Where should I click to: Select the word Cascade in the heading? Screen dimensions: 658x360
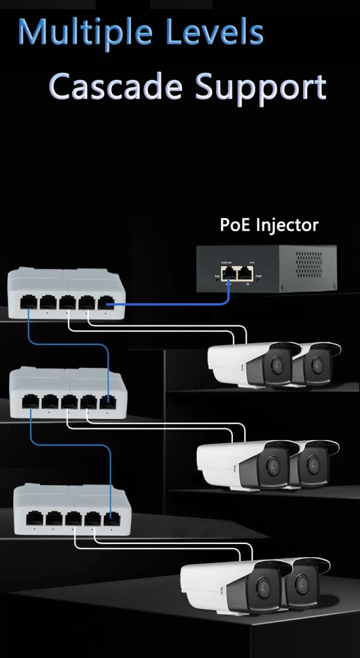[x=116, y=87]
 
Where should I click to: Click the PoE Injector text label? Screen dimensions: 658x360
[x=269, y=225]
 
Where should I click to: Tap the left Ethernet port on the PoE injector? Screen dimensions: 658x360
[x=228, y=274]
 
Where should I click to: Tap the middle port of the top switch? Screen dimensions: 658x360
[x=68, y=303]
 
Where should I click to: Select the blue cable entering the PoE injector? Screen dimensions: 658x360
[x=180, y=304]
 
